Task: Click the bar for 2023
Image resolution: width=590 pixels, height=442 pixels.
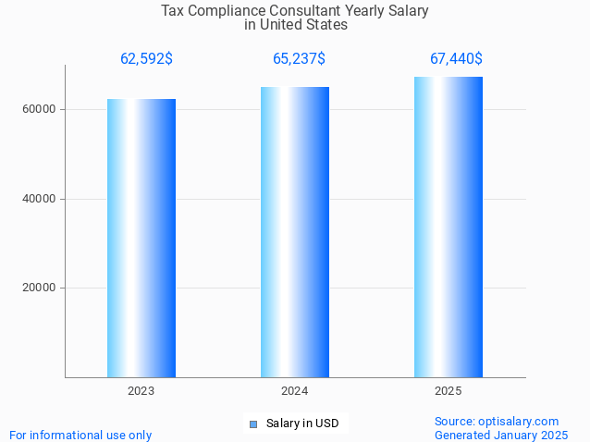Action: [x=141, y=238]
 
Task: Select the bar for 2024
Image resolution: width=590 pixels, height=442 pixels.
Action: [x=295, y=232]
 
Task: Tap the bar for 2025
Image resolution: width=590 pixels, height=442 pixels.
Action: [x=449, y=227]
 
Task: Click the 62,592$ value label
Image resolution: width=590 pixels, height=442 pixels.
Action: [x=146, y=59]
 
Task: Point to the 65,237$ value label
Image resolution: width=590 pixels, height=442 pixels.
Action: [x=299, y=59]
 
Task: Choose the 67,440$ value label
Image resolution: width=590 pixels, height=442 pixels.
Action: [x=456, y=59]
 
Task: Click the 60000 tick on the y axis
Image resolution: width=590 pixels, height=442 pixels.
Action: [x=40, y=109]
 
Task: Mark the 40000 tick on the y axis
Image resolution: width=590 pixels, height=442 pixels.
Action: [x=40, y=199]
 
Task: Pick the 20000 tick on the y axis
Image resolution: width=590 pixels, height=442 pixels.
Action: [x=40, y=288]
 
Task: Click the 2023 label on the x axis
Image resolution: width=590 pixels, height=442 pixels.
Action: [x=141, y=392]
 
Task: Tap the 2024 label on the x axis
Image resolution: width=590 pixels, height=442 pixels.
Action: [x=295, y=392]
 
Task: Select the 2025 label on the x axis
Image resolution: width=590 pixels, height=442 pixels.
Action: [x=449, y=392]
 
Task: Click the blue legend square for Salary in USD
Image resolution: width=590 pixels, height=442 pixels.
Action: [x=252, y=424]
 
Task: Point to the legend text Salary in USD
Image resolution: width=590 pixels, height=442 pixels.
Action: [x=302, y=424]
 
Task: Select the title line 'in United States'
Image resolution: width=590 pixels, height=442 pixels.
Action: [x=296, y=25]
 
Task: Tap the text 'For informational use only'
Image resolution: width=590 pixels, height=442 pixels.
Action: [x=80, y=435]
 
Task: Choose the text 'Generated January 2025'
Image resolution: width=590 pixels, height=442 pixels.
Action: [x=501, y=435]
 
